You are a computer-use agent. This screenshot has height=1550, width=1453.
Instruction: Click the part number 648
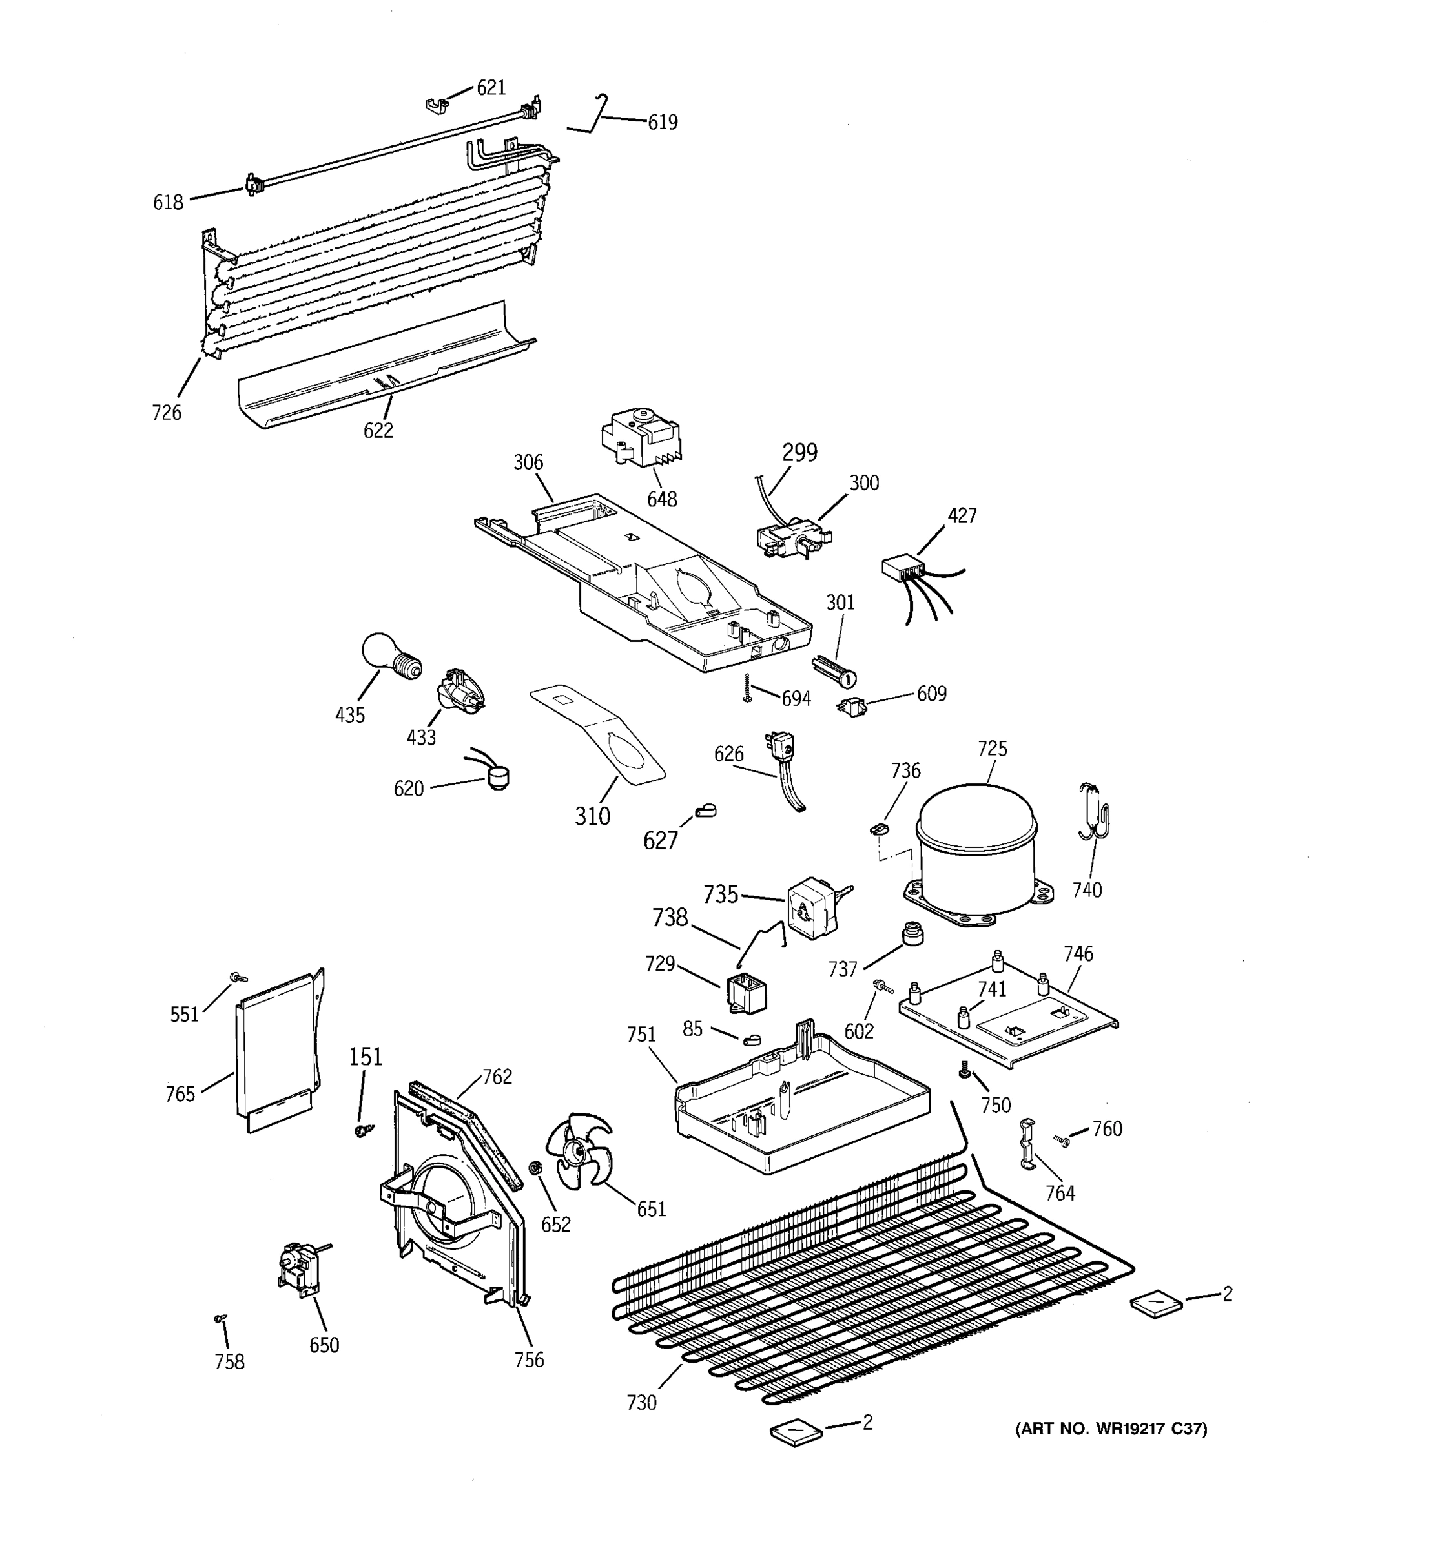(662, 499)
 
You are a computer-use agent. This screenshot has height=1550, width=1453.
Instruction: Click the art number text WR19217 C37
(1111, 1429)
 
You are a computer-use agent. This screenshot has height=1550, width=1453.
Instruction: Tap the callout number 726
(167, 413)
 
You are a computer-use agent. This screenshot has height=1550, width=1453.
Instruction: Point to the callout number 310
(592, 816)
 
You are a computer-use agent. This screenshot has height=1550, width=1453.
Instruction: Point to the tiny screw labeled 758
(220, 1317)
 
